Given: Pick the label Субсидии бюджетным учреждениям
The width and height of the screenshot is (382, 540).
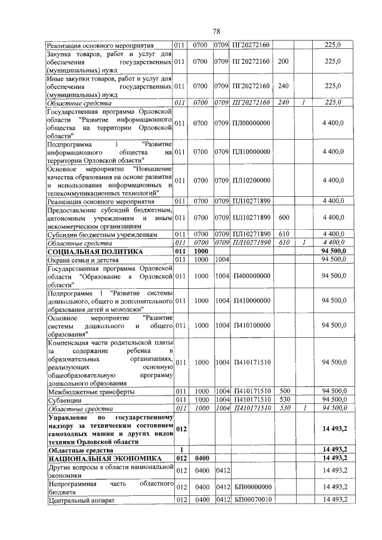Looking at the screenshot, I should coord(102,234).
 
